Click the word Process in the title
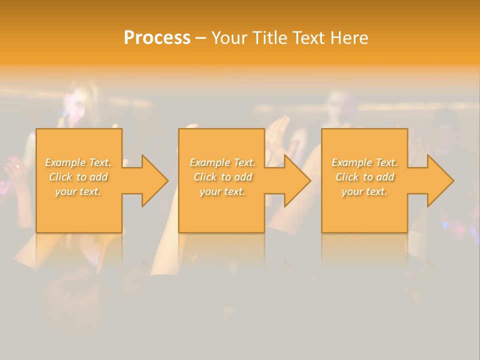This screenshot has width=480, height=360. coord(157,38)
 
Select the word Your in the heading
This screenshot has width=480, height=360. coord(229,38)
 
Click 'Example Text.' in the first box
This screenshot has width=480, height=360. coord(78,162)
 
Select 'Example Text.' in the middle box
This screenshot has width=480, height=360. coord(222,162)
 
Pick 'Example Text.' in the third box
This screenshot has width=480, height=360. coord(364,162)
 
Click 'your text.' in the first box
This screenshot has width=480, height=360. coord(78,191)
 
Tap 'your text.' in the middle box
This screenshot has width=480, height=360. coord(222,191)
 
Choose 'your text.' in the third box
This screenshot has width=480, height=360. coord(364,191)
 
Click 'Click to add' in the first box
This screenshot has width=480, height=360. coord(78,177)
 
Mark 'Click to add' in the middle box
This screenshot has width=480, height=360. coord(222,177)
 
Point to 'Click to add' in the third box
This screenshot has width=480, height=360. coord(364,177)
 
